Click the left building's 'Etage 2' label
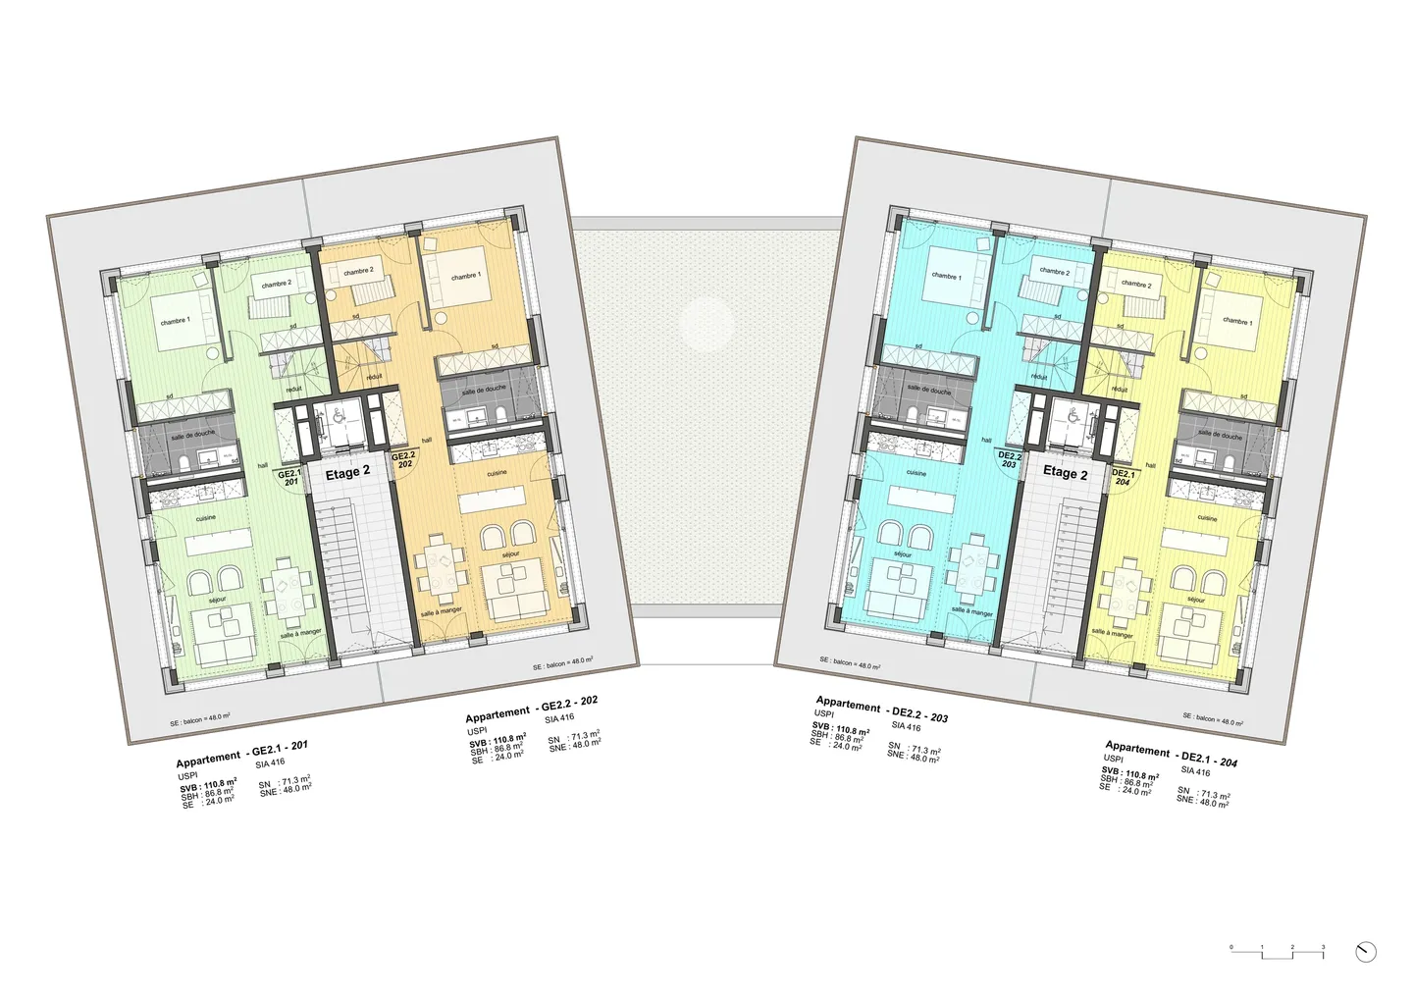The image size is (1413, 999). (x=348, y=472)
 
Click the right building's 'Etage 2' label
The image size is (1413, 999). (x=1065, y=473)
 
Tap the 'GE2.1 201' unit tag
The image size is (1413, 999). (x=289, y=478)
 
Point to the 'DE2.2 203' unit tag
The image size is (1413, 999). (x=1010, y=460)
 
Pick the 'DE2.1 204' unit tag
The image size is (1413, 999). (x=1123, y=478)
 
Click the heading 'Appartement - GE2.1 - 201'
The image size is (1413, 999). (x=242, y=753)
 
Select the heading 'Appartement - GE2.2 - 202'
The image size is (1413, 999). (x=532, y=709)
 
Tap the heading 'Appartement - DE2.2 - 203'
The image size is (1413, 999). (x=881, y=710)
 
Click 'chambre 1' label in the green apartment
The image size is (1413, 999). (x=176, y=321)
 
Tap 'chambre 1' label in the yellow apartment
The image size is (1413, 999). (x=1236, y=322)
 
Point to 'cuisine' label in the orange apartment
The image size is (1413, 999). (x=497, y=473)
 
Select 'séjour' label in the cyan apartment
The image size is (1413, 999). (x=903, y=555)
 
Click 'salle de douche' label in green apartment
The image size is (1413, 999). (x=192, y=434)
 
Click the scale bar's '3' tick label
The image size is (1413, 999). (x=1323, y=947)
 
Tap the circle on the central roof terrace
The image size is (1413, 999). (x=706, y=323)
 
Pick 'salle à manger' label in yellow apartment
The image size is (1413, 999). (x=1112, y=634)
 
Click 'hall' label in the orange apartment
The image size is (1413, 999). (x=427, y=441)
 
